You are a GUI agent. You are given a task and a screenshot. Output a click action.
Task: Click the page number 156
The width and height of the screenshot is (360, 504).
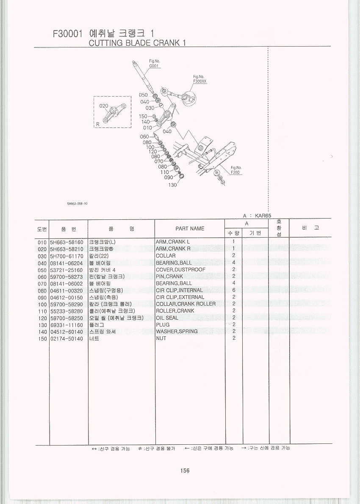click(185, 471)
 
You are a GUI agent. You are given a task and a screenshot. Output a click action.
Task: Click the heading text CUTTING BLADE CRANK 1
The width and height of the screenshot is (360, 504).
click(137, 43)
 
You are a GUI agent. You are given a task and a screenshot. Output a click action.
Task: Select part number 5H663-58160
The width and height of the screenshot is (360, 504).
click(67, 242)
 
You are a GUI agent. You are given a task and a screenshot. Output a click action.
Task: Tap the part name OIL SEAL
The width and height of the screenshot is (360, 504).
click(167, 318)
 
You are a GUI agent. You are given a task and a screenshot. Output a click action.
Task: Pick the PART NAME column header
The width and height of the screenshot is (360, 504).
click(190, 229)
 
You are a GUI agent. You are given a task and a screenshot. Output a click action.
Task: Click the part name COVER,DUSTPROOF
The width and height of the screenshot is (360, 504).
click(180, 270)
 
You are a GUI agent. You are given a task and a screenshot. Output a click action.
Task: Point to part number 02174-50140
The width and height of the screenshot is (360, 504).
click(66, 339)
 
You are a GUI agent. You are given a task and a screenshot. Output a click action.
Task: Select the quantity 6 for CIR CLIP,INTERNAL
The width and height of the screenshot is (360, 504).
click(234, 290)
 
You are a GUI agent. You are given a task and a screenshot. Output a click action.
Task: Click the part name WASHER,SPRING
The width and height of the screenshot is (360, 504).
click(177, 331)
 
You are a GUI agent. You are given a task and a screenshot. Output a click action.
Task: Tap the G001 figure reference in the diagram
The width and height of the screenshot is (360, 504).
click(154, 66)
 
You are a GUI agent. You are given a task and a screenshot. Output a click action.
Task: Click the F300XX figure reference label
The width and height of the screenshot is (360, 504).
click(199, 82)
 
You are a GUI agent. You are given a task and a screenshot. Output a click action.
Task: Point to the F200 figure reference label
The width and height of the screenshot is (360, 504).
click(235, 172)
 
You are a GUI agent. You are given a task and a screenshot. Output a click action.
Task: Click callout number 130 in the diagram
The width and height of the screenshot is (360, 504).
click(173, 185)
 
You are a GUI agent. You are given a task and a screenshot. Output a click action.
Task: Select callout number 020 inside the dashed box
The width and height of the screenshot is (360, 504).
click(104, 106)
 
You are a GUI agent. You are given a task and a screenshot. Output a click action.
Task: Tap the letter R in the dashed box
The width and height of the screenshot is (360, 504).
click(98, 124)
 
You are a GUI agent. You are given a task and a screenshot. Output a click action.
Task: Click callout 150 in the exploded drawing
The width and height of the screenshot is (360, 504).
click(143, 116)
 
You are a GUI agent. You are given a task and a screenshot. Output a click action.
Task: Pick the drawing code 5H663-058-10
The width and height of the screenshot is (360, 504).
click(77, 203)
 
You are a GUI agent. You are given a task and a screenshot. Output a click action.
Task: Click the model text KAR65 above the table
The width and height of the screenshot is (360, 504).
click(263, 216)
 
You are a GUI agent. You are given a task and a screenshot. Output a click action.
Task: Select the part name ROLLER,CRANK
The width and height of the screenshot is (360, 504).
click(175, 311)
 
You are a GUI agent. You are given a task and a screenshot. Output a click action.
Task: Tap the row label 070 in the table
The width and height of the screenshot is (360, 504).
click(42, 283)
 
